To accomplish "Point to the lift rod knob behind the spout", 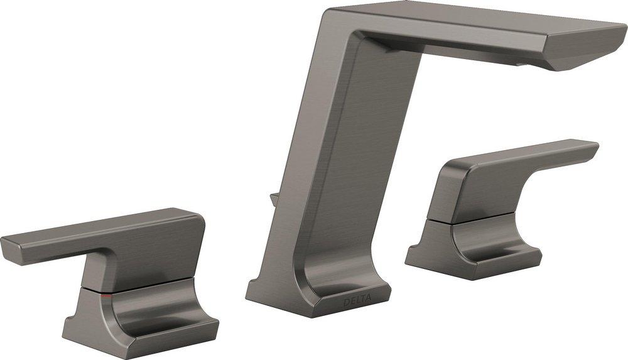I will point(275,200).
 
